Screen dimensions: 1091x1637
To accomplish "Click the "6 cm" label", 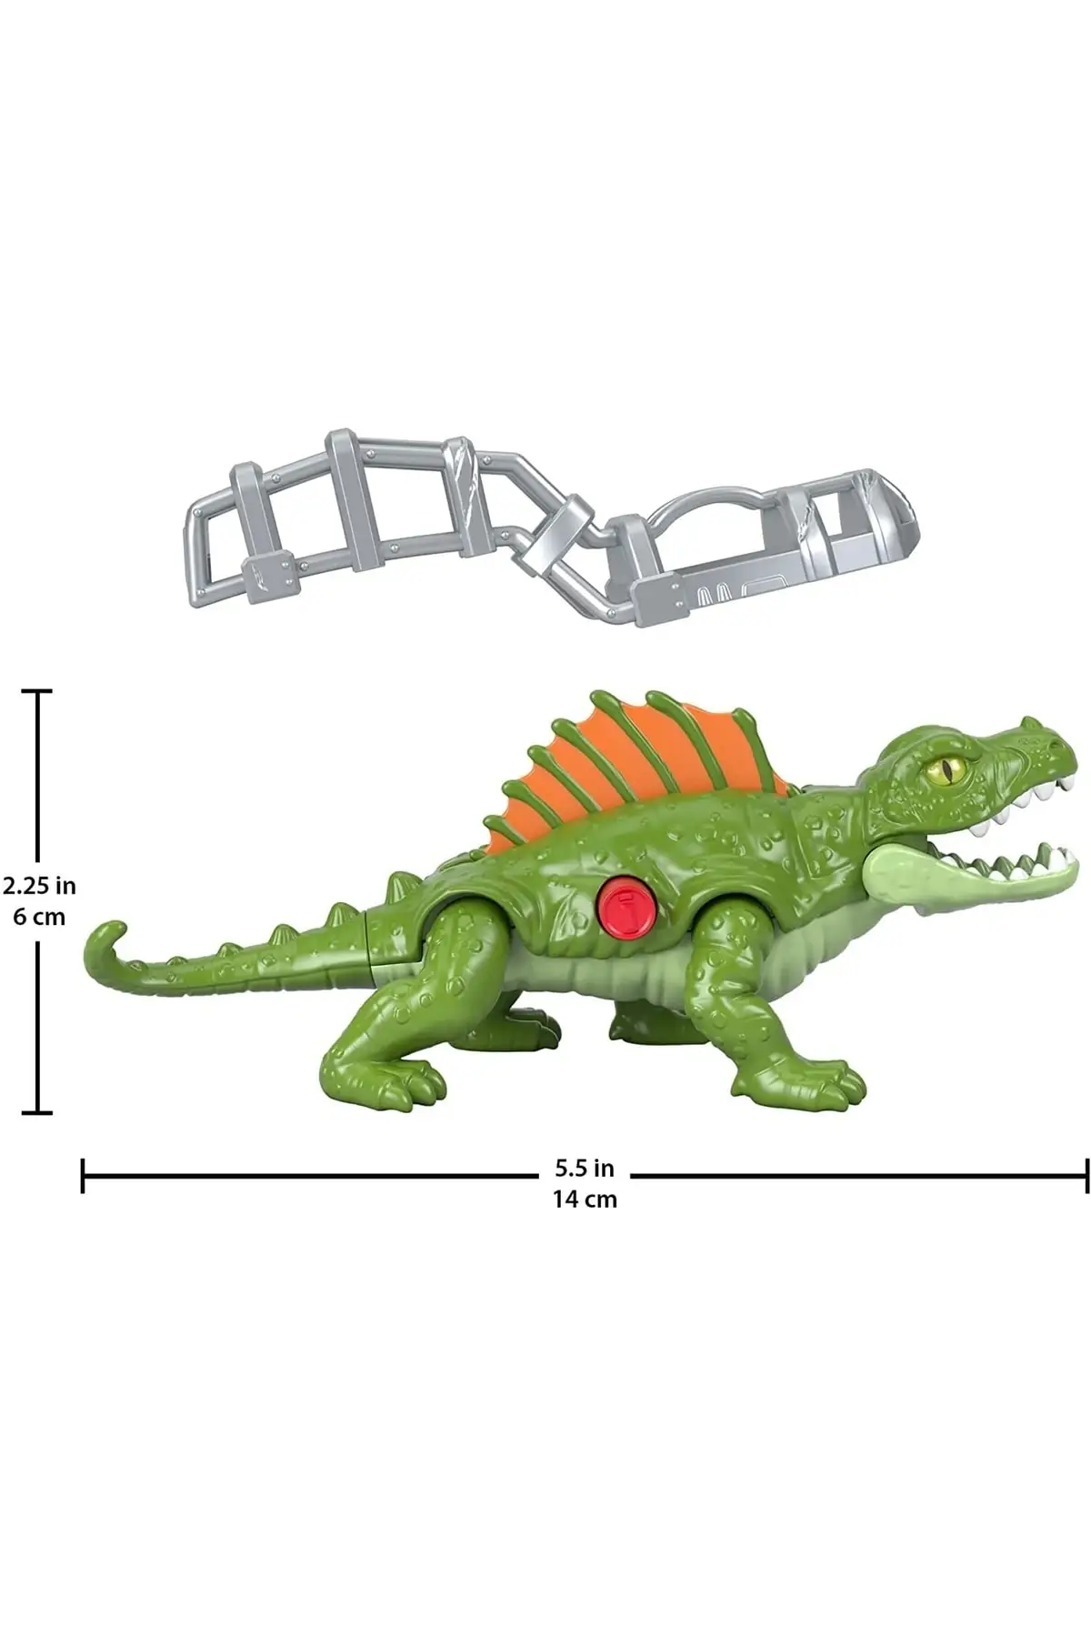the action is point(39,917).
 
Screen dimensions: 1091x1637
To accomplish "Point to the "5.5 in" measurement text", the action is point(585,1167).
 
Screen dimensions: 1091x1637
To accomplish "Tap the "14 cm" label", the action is point(585,1199).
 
